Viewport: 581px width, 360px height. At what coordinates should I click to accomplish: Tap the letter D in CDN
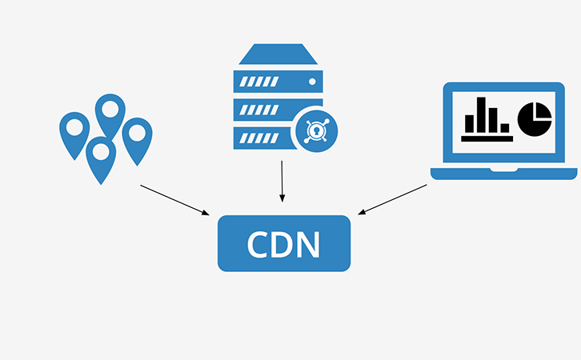click(283, 243)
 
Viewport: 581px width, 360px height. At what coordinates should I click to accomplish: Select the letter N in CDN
click(308, 243)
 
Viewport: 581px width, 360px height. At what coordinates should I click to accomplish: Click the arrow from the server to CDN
click(282, 181)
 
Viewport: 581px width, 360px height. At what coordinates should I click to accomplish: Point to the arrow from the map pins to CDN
click(174, 199)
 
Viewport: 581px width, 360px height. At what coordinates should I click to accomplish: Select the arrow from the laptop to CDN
click(392, 199)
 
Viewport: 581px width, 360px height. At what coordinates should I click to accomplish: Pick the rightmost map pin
click(137, 137)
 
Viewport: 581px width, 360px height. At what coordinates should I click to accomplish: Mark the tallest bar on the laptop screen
click(484, 114)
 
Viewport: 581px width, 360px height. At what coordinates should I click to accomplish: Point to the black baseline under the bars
click(486, 138)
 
